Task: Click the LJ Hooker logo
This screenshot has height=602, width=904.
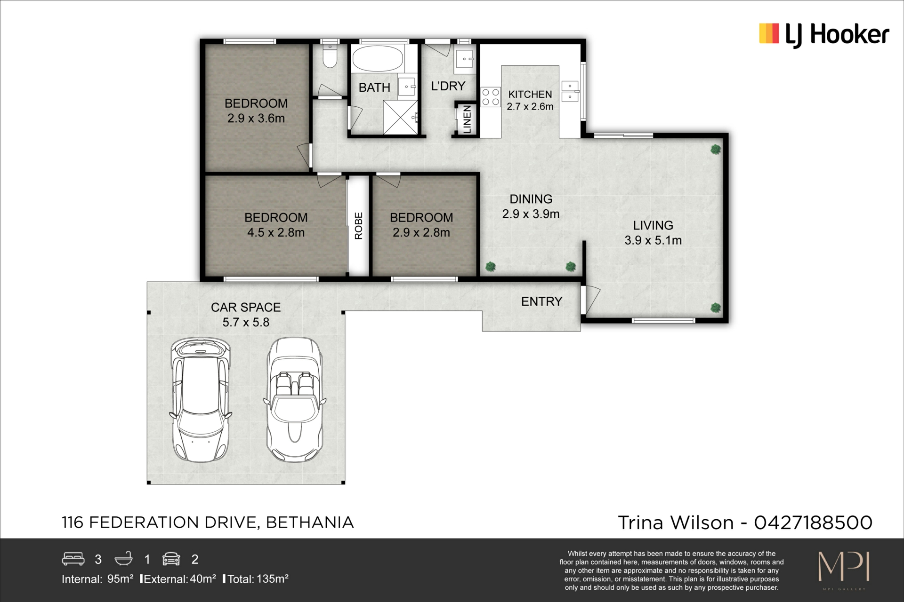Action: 824,34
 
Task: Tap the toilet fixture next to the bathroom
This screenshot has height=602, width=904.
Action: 330,56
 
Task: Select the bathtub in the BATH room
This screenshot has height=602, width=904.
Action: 378,58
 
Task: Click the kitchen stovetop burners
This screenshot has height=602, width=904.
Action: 491,97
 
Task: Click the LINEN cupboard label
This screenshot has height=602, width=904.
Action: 467,119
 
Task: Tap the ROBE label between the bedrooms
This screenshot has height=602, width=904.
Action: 359,226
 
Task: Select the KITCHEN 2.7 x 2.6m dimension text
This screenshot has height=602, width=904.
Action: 530,106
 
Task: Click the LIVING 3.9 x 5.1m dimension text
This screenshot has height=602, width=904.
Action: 653,240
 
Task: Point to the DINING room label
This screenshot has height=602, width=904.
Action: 531,199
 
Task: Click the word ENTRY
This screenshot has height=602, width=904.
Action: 541,301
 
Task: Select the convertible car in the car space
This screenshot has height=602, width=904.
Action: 294,400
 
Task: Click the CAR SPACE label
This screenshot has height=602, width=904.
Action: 246,307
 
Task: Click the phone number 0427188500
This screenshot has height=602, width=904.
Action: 813,523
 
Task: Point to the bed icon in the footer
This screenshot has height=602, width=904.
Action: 73,559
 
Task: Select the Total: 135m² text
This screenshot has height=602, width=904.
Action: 258,579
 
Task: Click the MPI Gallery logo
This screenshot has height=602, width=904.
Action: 844,569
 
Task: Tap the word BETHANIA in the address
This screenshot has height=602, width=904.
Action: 310,523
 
